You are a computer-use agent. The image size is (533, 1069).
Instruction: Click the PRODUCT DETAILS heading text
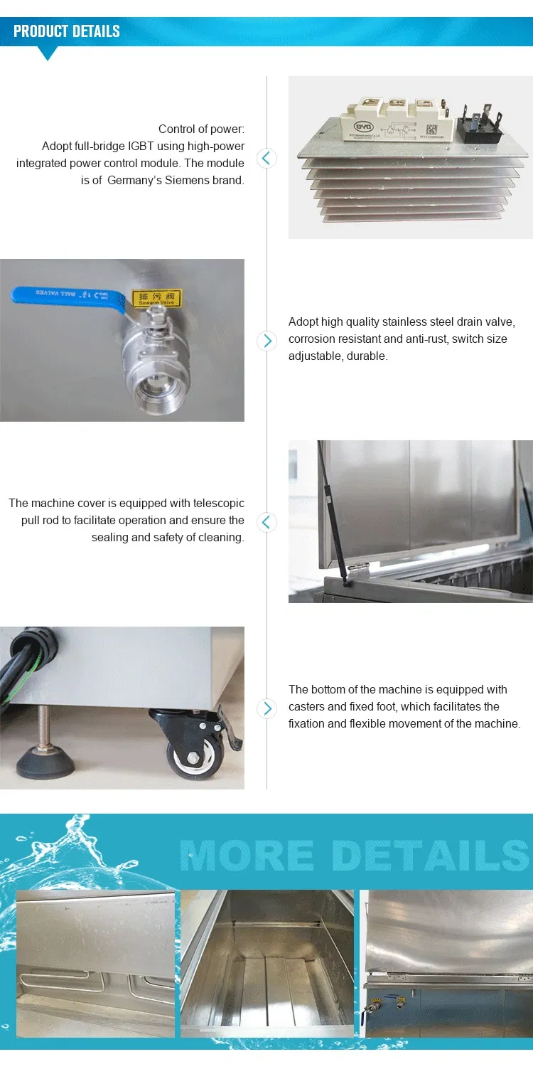[x=67, y=31]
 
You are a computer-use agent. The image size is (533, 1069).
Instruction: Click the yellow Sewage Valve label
[x=157, y=298]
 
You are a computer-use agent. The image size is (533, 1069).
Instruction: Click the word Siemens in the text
[x=190, y=180]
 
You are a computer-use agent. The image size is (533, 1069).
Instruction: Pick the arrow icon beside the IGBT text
[x=266, y=158]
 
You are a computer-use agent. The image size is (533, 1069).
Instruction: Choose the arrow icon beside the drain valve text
[x=266, y=341]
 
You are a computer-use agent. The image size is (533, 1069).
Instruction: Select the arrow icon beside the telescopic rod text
[x=266, y=522]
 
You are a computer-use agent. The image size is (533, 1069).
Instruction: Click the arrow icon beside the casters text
[x=266, y=708]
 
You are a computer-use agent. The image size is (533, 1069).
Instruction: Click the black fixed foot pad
[x=45, y=761]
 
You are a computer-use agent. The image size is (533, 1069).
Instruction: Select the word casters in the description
[x=307, y=706]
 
